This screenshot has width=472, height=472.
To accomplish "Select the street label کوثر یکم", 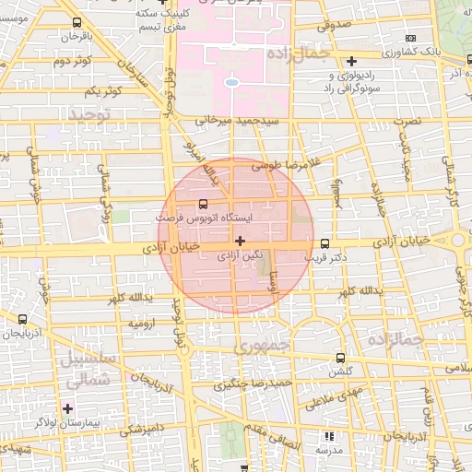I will pos(102,91).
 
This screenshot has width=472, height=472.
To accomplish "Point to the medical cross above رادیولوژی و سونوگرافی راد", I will pos(351,61).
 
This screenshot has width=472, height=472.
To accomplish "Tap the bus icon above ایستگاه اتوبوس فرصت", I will pos(203,205).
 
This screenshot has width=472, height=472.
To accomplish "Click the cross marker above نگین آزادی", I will pos(241,241).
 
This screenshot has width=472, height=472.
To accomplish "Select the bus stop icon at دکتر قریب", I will pos(324,243).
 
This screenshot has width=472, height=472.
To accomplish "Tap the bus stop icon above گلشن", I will pos(340,357).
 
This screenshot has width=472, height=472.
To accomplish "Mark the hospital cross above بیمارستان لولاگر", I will pos(66,407).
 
